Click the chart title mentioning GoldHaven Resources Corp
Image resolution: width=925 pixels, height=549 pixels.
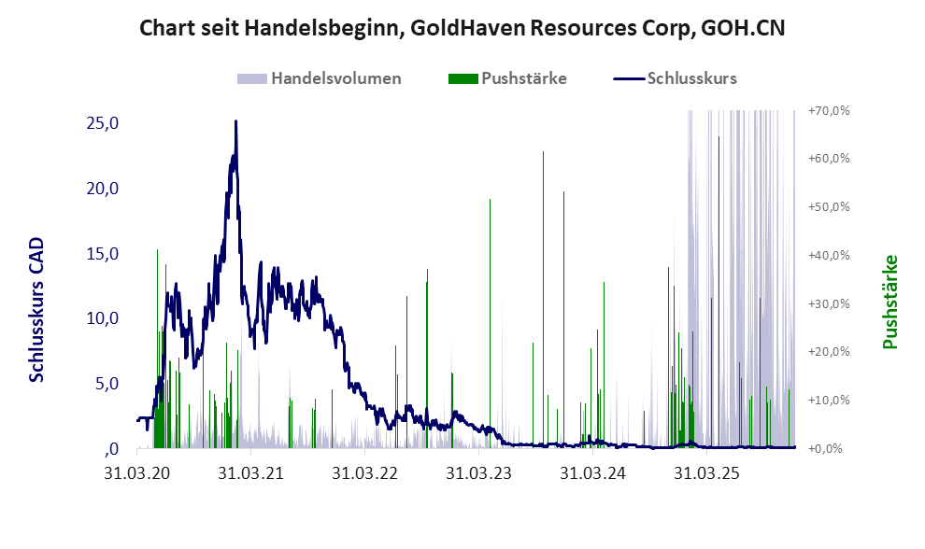tap(462, 27)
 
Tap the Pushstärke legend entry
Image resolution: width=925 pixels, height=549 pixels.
tap(520, 78)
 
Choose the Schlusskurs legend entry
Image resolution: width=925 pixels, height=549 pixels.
tap(691, 78)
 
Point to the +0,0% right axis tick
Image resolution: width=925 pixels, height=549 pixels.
tap(828, 449)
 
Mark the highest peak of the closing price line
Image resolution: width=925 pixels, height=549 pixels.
tap(235, 121)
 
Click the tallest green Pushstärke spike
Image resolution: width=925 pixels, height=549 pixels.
tap(543, 151)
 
